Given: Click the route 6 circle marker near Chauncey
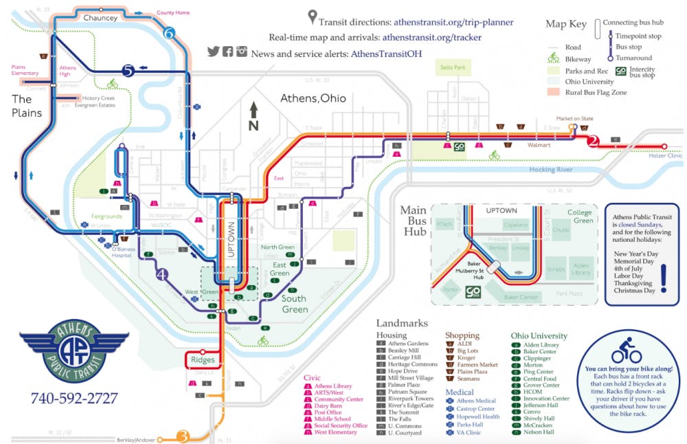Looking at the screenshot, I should coord(170,32).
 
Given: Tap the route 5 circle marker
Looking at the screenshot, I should coord(127,69).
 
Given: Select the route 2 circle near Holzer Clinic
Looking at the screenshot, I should coord(594,142).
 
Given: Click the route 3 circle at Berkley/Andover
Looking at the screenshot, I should coord(183,436).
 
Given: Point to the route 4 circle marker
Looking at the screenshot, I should coord(162,274).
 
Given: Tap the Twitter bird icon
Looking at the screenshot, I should coord(213,52).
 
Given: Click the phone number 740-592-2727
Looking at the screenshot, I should coord(74,398).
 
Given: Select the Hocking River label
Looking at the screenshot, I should coord(552,170).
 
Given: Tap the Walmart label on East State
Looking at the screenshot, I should coord(540,145).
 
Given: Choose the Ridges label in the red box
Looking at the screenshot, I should coord(203,359).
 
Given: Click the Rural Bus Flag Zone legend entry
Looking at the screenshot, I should coord(595,92).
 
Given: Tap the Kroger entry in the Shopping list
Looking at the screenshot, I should coord(468,358).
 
